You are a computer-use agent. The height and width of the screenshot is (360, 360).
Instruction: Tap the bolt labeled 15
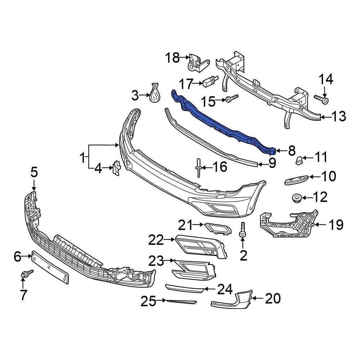232,98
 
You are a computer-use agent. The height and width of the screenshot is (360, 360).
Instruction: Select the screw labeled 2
243,230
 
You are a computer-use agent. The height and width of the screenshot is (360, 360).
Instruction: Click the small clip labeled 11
299,160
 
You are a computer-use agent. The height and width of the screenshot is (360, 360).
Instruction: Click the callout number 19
335,226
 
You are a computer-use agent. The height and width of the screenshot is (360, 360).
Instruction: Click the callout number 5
34,172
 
